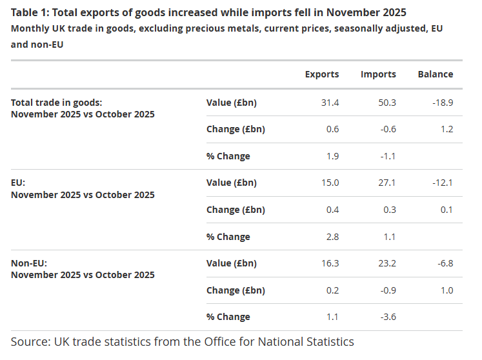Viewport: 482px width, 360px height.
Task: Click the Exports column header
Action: coord(321,74)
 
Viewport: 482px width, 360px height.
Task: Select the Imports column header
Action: coord(378,74)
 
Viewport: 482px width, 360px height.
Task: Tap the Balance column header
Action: coord(435,74)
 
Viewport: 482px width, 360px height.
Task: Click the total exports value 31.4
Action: coord(331,103)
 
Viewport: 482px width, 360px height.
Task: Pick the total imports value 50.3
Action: coord(388,103)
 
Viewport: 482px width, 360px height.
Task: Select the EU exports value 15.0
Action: coord(331,183)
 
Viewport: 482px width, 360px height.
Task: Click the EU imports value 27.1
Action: coord(388,183)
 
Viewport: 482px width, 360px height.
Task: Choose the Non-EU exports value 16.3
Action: coord(331,263)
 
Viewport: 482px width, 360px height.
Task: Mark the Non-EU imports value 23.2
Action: coord(388,263)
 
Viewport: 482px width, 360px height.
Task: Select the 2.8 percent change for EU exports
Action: coord(333,237)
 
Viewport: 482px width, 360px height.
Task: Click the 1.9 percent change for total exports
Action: coord(333,156)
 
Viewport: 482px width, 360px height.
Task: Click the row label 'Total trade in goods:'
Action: coord(57,103)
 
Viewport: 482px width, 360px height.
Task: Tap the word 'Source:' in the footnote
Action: coord(32,341)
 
